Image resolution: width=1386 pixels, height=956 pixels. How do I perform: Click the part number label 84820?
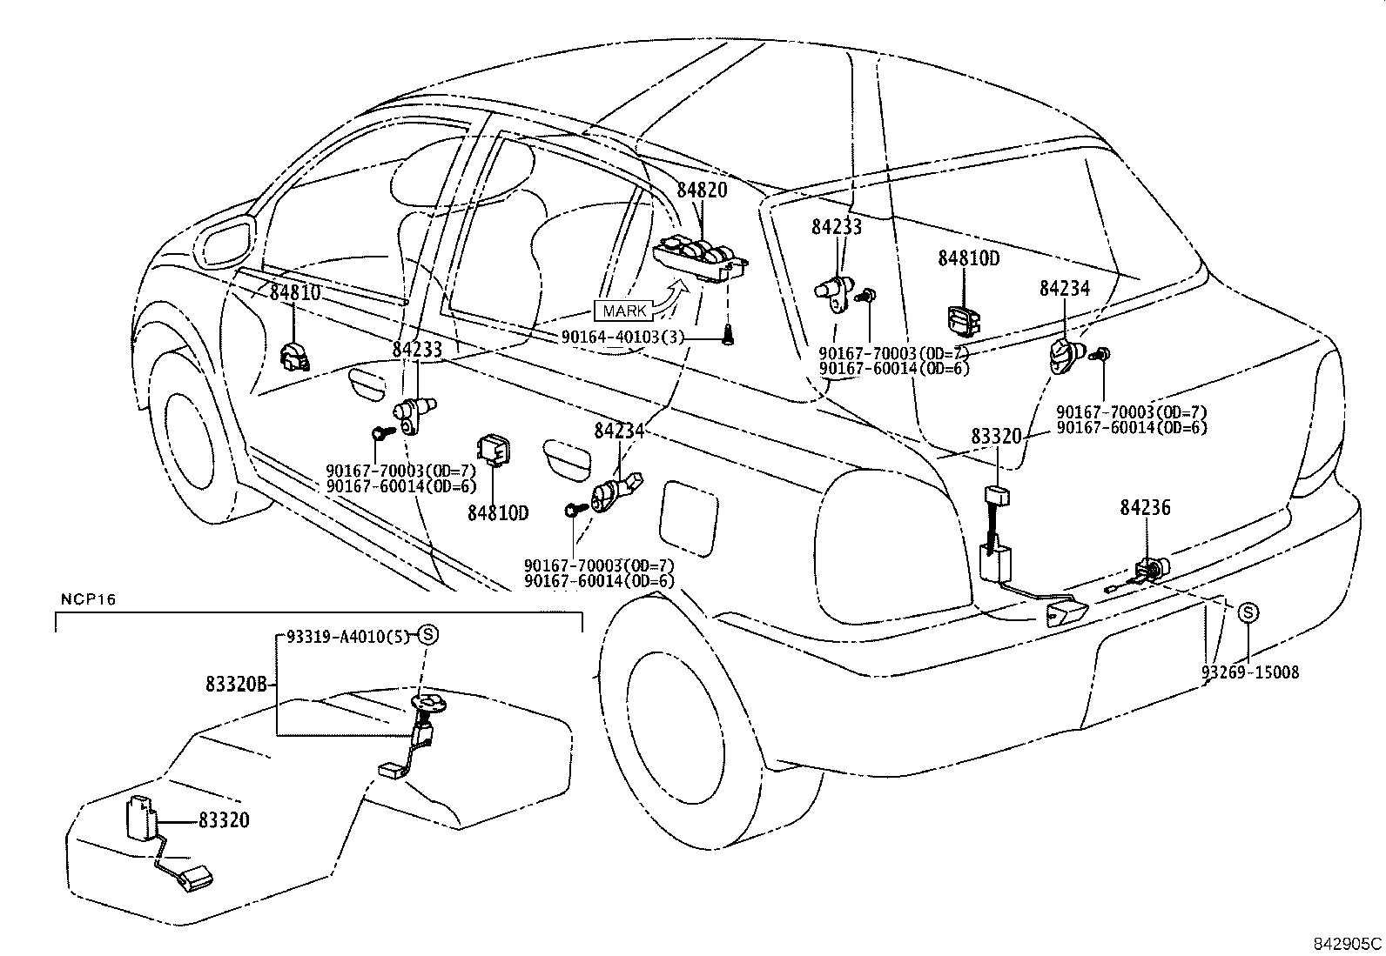(x=702, y=190)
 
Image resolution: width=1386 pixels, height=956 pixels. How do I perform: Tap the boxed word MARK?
(x=624, y=311)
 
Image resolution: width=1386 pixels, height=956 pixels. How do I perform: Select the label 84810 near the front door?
(x=295, y=293)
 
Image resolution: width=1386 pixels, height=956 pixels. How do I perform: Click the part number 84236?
(x=1145, y=507)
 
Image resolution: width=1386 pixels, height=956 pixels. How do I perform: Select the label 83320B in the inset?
(x=236, y=685)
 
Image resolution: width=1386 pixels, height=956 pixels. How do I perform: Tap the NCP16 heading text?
(x=88, y=599)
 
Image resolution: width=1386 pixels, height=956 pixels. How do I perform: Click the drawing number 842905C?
(x=1347, y=943)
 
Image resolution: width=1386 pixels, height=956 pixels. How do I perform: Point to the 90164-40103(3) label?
(x=610, y=336)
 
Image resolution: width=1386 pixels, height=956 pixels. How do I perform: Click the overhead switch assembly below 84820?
(x=702, y=258)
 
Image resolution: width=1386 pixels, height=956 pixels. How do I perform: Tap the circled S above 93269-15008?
(x=1248, y=612)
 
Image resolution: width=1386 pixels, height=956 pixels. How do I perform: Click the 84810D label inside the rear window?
(x=968, y=258)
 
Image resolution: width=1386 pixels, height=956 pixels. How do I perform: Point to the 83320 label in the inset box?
(x=224, y=819)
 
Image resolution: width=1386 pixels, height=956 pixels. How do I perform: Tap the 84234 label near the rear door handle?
(x=620, y=431)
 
